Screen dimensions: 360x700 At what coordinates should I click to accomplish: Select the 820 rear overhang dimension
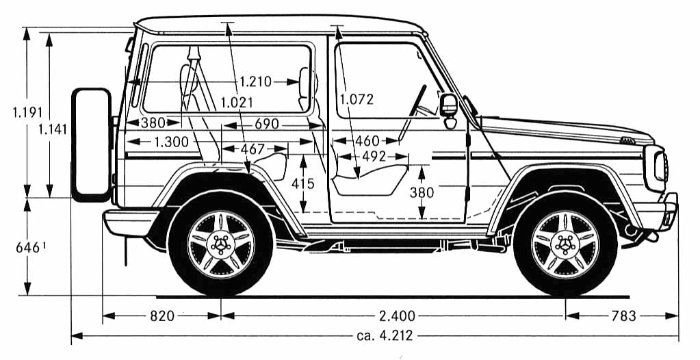(x=162, y=316)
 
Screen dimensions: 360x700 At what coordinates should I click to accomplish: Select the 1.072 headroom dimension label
(x=357, y=99)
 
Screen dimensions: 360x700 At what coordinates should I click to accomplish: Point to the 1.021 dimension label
(x=237, y=103)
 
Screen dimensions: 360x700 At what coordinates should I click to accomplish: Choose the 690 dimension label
(x=267, y=124)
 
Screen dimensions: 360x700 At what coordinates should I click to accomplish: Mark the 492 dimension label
(x=374, y=157)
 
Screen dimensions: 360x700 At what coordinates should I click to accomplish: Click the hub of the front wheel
(x=565, y=244)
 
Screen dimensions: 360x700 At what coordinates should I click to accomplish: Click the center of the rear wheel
(x=220, y=244)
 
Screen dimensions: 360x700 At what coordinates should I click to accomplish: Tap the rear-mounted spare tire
(x=92, y=144)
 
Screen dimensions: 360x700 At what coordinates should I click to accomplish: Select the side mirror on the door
(x=449, y=108)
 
